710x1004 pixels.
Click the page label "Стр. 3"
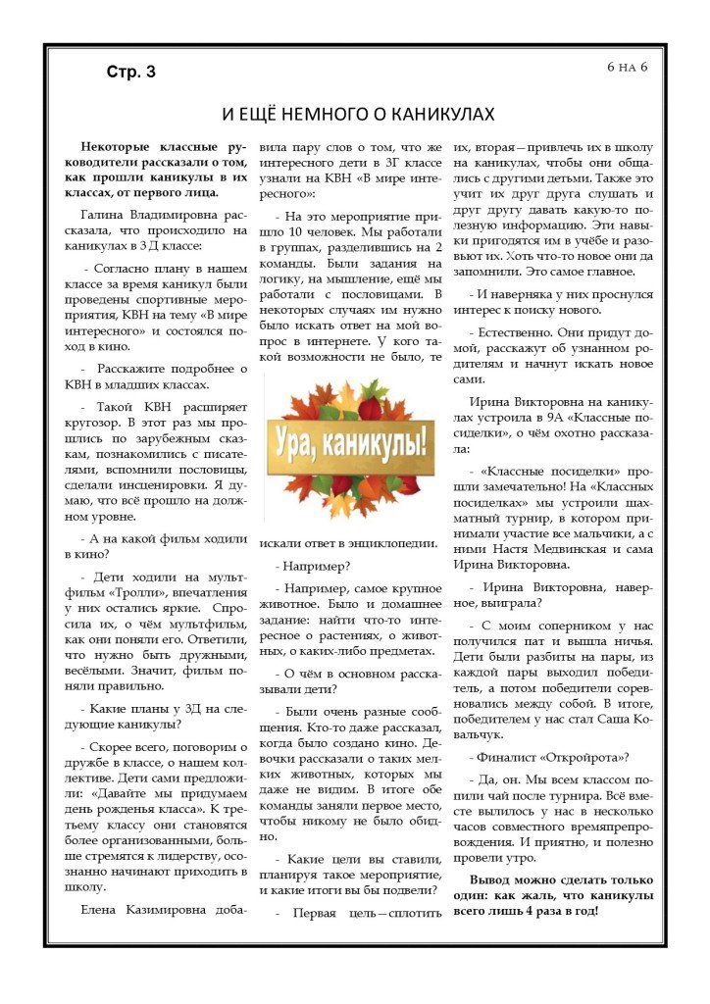130,72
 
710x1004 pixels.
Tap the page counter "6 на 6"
634,67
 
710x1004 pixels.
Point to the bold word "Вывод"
491,878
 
